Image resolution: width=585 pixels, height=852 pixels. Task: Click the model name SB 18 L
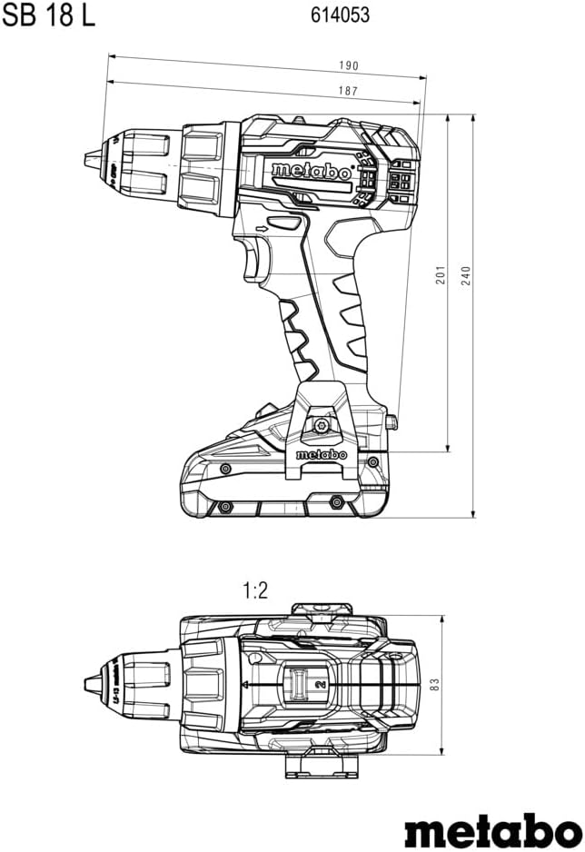[48, 15]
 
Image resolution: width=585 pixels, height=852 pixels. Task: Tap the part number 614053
[340, 15]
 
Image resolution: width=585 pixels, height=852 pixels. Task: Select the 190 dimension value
[349, 65]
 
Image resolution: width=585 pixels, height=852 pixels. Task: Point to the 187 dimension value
[348, 91]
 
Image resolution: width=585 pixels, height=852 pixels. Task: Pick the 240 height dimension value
[466, 276]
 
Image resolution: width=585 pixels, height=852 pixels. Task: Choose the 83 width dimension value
[434, 685]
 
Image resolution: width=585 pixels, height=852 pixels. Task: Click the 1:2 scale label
[254, 590]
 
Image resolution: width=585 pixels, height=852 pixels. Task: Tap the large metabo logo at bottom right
[493, 828]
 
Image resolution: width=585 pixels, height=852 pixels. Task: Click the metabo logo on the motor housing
[312, 172]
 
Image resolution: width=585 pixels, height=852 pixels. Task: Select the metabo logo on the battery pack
[321, 454]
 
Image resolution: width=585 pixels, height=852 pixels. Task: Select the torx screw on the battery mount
[321, 427]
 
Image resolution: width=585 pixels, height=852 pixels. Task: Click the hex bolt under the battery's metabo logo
[336, 501]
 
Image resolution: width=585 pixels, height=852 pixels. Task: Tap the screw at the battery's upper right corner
[372, 461]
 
